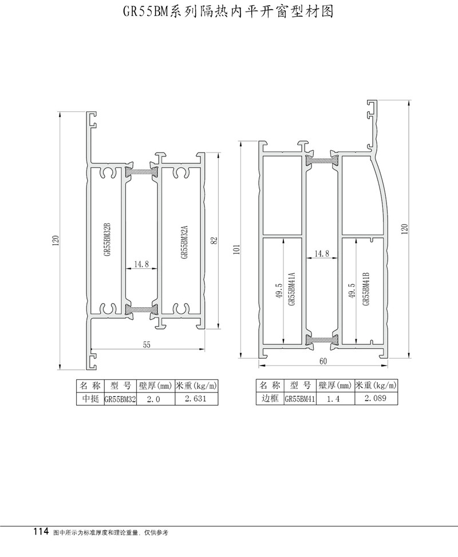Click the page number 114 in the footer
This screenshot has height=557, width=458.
[41, 532]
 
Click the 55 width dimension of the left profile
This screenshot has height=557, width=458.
[147, 344]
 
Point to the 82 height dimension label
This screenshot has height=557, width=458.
[214, 241]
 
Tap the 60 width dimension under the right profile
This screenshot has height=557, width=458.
[323, 361]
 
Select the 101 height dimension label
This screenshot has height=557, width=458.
[238, 249]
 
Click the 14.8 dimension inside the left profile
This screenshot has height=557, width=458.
[141, 264]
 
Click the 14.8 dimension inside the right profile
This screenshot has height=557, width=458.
[322, 253]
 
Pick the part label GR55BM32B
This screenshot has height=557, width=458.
[108, 239]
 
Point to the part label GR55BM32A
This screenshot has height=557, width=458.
[184, 242]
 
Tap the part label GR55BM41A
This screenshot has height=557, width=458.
[291, 289]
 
